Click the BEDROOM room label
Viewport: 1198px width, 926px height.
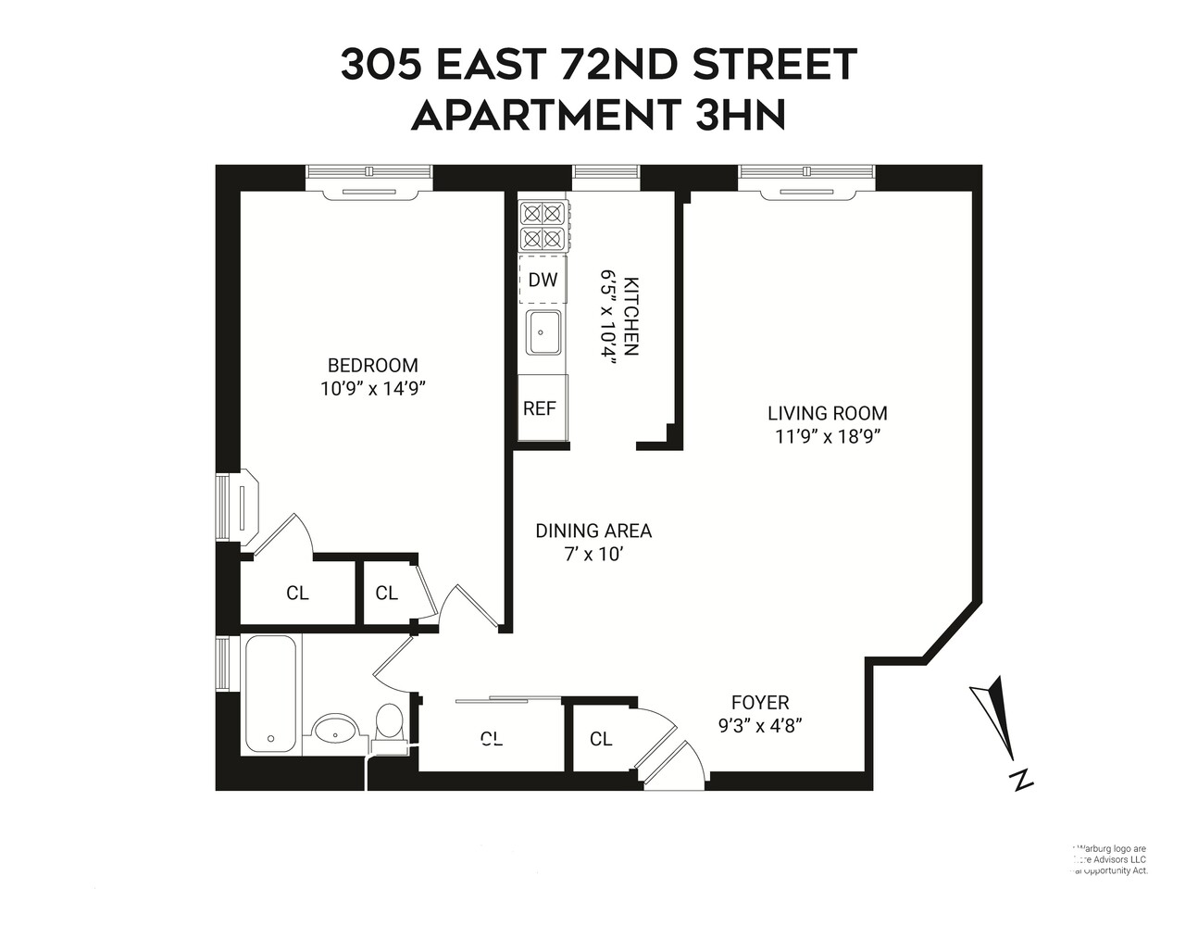pyautogui.click(x=372, y=366)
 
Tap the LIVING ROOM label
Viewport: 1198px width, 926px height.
pyautogui.click(x=827, y=414)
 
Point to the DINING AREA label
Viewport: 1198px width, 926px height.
pyautogui.click(x=593, y=531)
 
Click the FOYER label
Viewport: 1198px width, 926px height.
pyautogui.click(x=760, y=703)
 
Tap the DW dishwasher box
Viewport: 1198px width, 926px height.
pyautogui.click(x=543, y=279)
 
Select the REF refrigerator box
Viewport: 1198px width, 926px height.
pyautogui.click(x=541, y=407)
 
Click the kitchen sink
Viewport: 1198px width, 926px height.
pyautogui.click(x=543, y=332)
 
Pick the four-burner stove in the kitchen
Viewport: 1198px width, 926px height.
pyautogui.click(x=543, y=227)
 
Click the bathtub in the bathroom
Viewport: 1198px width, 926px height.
pyautogui.click(x=272, y=694)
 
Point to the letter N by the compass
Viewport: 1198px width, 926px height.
pyautogui.click(x=1021, y=780)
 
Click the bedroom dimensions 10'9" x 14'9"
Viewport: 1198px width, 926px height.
pyautogui.click(x=372, y=389)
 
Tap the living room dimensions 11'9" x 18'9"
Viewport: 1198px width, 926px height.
pyautogui.click(x=827, y=437)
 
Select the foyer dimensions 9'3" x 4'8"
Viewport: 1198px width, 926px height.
pyautogui.click(x=760, y=726)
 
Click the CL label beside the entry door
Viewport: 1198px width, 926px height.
pyautogui.click(x=601, y=739)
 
